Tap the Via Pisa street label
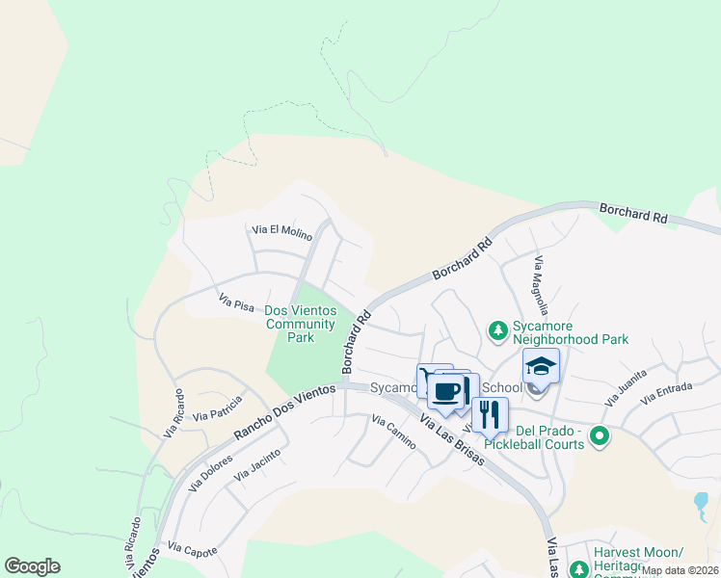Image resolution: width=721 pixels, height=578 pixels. [x=236, y=303]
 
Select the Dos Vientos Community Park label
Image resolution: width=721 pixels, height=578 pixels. [x=301, y=324]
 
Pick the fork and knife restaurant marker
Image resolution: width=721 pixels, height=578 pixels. [x=490, y=414]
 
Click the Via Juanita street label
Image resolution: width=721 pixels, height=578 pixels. [x=626, y=388]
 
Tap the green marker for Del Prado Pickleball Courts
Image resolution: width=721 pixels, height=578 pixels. [x=600, y=436]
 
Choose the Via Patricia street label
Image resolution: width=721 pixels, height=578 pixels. [x=217, y=412]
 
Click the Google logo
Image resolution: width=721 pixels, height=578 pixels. [x=32, y=566]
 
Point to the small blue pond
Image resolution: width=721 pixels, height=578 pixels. [x=701, y=502]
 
